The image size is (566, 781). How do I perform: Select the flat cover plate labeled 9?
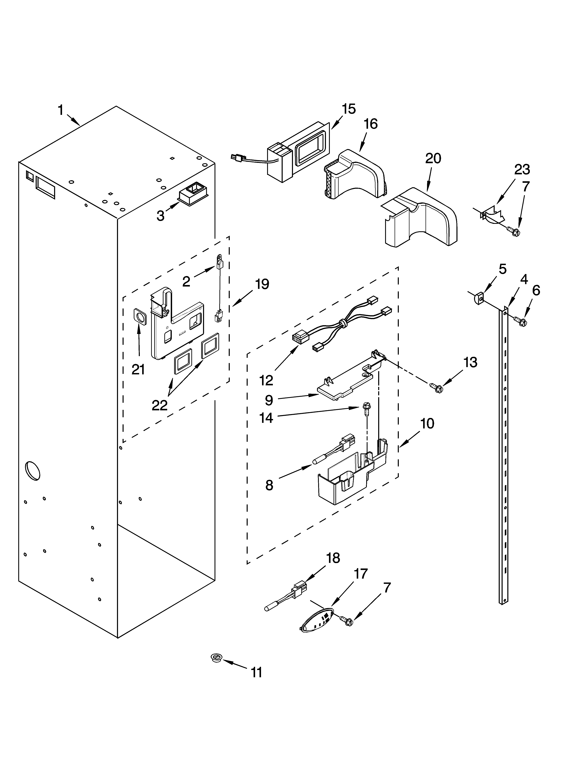point(345,385)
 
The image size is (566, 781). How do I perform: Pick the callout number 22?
point(160,405)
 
